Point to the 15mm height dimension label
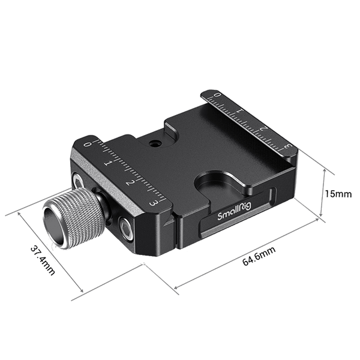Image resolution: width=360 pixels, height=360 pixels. click(x=338, y=194)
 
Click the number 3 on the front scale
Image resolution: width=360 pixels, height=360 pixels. click(x=154, y=204)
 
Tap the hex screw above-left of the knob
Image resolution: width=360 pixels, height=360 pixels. click(x=79, y=181)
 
